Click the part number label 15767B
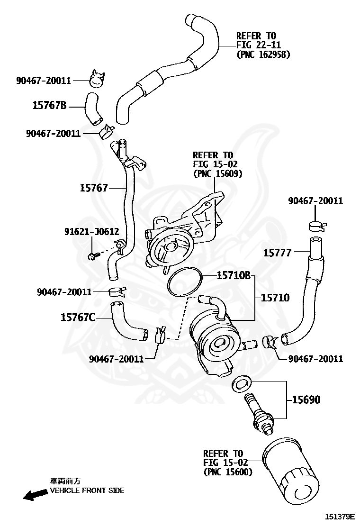coord(49,105)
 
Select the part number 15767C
coord(78,317)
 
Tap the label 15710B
coord(234,275)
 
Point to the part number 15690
coord(306,400)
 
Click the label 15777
coord(277,253)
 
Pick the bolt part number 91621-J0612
coord(91,231)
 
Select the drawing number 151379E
coord(339,517)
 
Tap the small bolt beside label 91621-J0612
coord(92,256)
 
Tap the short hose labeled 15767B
coord(92,108)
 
